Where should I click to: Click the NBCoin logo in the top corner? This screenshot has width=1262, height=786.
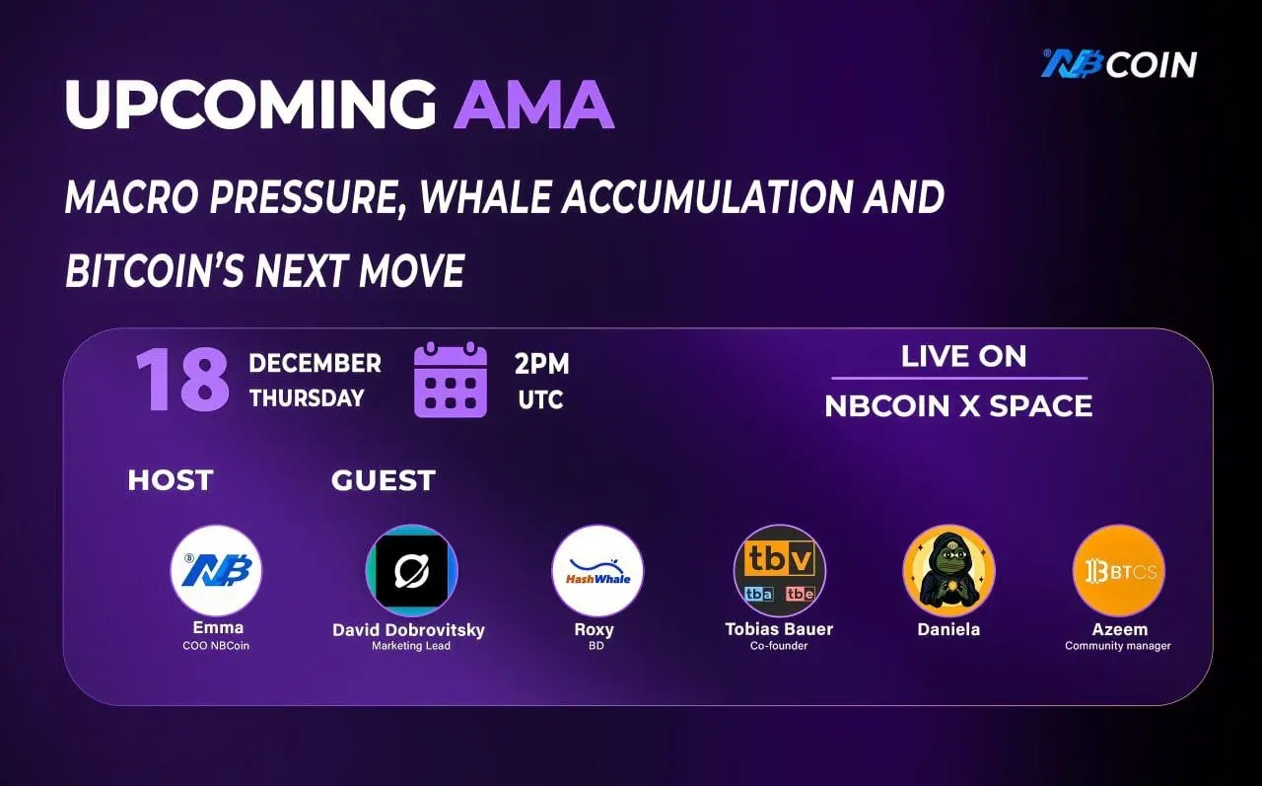pyautogui.click(x=1119, y=64)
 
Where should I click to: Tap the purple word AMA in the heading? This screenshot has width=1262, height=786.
pyautogui.click(x=534, y=105)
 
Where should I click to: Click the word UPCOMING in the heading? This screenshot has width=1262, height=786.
pyautogui.click(x=250, y=105)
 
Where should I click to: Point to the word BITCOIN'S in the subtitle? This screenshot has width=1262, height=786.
pyautogui.click(x=155, y=270)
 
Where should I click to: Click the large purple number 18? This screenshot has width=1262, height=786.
pyautogui.click(x=182, y=380)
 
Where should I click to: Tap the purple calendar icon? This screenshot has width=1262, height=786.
pyautogui.click(x=451, y=380)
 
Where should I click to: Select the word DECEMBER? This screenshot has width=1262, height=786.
pyautogui.click(x=315, y=364)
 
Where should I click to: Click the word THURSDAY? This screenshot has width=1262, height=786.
pyautogui.click(x=307, y=398)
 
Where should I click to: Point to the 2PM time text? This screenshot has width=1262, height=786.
pyautogui.click(x=542, y=364)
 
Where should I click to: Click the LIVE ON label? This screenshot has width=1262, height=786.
pyautogui.click(x=963, y=356)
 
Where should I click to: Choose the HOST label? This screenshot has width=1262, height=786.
pyautogui.click(x=171, y=480)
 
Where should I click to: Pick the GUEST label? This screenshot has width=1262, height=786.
pyautogui.click(x=384, y=480)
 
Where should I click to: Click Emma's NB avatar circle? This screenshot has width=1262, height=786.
pyautogui.click(x=216, y=570)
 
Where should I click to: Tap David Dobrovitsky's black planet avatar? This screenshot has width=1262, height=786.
pyautogui.click(x=412, y=570)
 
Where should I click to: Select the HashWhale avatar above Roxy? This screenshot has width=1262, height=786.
pyautogui.click(x=597, y=570)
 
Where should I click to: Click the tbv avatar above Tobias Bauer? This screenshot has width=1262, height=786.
pyautogui.click(x=780, y=570)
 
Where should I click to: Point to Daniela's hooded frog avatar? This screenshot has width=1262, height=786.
pyautogui.click(x=949, y=570)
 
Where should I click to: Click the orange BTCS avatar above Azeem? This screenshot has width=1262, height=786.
pyautogui.click(x=1119, y=570)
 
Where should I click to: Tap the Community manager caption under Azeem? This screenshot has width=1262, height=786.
pyautogui.click(x=1118, y=646)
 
